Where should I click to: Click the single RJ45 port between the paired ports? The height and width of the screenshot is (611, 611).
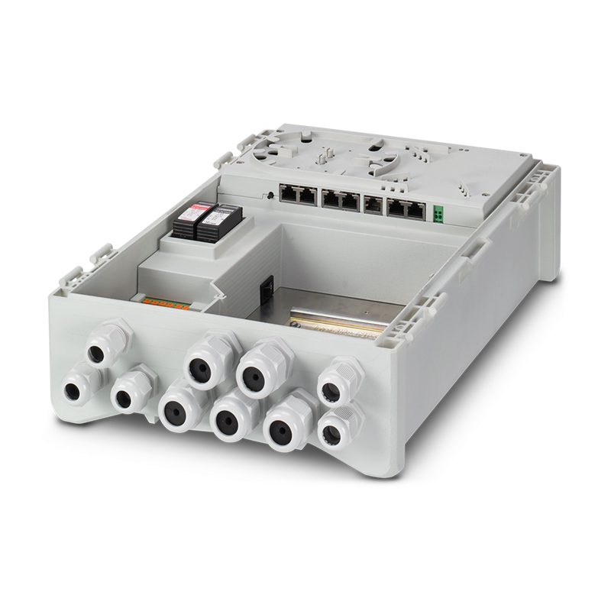click(373, 204)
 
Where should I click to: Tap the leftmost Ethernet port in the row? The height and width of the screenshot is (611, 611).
click(289, 195)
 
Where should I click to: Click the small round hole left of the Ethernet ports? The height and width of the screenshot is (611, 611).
click(272, 196)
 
